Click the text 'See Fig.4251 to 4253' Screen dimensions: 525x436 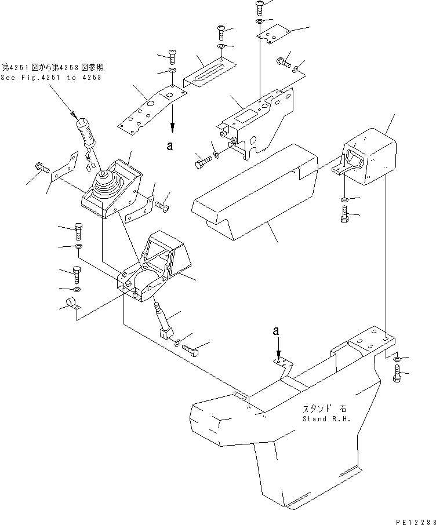coord(50,78)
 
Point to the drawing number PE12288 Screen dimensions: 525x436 coord(413,520)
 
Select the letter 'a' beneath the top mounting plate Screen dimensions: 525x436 coord(169,147)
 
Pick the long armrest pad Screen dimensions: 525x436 coord(255,191)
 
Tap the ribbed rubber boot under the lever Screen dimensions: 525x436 coord(106,188)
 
